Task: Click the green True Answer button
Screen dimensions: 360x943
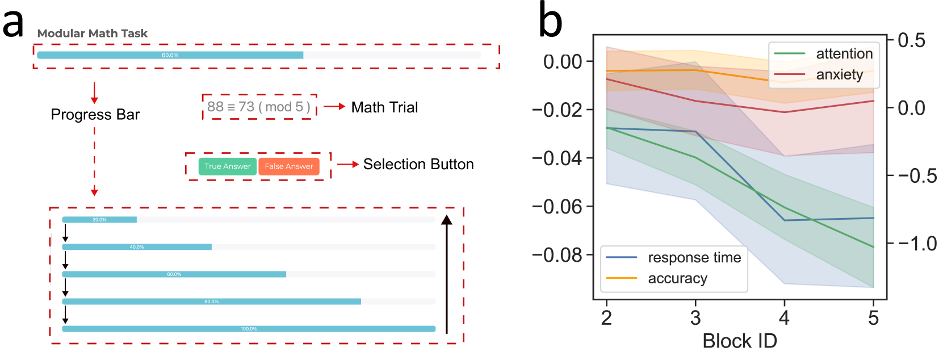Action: pyautogui.click(x=227, y=166)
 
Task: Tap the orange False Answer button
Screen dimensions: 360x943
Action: pyautogui.click(x=288, y=166)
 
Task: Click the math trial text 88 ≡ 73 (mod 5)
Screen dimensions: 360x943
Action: pyautogui.click(x=259, y=107)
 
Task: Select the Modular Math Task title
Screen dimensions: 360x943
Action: pyautogui.click(x=92, y=34)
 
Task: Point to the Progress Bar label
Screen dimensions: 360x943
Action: pyautogui.click(x=95, y=115)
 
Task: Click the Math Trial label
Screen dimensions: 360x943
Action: pyautogui.click(x=384, y=107)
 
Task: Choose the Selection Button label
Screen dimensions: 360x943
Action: pyautogui.click(x=418, y=164)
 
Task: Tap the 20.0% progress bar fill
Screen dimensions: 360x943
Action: pyautogui.click(x=99, y=220)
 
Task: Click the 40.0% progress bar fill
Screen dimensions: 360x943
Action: pyautogui.click(x=137, y=247)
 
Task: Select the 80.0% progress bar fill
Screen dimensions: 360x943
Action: pyautogui.click(x=211, y=302)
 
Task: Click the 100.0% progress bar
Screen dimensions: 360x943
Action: pyautogui.click(x=249, y=329)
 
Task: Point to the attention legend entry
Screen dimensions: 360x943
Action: pyautogui.click(x=844, y=54)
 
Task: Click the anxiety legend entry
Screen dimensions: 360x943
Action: pyautogui.click(x=839, y=74)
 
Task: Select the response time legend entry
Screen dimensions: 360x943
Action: pyautogui.click(x=694, y=258)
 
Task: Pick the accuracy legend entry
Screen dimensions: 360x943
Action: pyautogui.click(x=677, y=278)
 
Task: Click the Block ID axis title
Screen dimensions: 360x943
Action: pyautogui.click(x=739, y=341)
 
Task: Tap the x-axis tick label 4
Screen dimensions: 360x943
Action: pyautogui.click(x=784, y=318)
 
